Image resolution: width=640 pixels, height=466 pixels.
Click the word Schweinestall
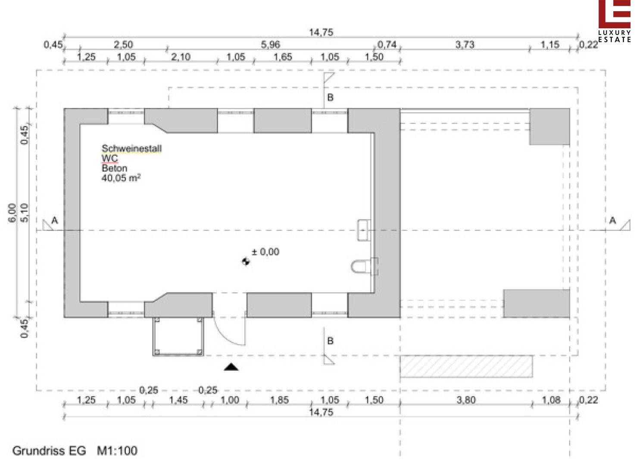coord(132,148)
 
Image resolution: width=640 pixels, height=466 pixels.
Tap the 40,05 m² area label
coord(121,178)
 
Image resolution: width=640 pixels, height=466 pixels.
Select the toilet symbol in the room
coord(365,266)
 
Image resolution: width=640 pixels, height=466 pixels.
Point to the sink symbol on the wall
coord(364,230)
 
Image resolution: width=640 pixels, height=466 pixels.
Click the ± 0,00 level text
coord(265,252)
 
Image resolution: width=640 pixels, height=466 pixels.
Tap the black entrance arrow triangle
coord(231,367)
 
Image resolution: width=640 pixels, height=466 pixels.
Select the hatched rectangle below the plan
coord(466,366)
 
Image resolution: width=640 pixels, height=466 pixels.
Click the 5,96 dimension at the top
coord(270,44)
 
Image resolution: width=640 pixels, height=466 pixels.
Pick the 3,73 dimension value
coord(465,44)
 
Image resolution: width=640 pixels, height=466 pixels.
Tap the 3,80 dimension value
coord(466,400)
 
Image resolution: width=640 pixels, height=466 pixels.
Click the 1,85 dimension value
coord(279,400)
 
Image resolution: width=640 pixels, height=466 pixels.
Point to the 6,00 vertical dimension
coord(12,213)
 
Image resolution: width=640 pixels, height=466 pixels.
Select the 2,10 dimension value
coord(181,57)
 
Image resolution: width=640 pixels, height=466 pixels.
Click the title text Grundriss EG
coord(49,451)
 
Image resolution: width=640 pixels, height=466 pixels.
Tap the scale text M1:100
coord(117,451)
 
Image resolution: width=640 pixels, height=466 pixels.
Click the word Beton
coord(114,168)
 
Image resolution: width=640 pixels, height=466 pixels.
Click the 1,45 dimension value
coord(178,400)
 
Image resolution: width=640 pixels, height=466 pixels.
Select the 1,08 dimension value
coord(551,400)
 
